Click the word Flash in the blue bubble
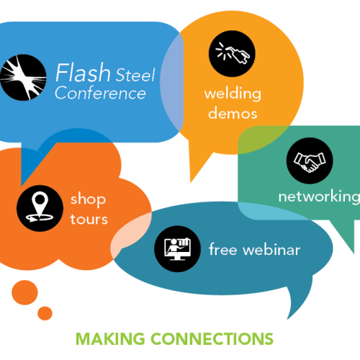pos(83,72)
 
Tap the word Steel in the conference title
pos(135,75)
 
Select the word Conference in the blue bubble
pos(100,93)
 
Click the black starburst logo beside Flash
pos(23,77)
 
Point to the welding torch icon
pos(232,53)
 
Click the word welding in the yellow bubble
pos(233,94)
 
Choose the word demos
pos(233,113)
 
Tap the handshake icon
pos(310,161)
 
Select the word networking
pos(319,197)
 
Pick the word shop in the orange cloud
pos(88,199)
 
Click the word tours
pos(89,219)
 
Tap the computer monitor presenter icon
pos(177,249)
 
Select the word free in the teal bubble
pos(223,249)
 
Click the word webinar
pos(271,249)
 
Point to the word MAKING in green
pos(110,339)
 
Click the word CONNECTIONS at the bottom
pos(212,339)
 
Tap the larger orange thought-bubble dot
pos(24,292)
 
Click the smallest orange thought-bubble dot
pos(45,313)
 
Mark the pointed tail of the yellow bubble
pos(191,182)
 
